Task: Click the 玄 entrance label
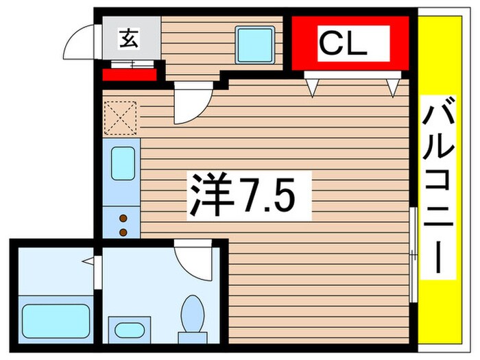tap(130, 39)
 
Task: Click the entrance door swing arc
tap(78, 43)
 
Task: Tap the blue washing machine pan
tap(254, 43)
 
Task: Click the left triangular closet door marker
tap(313, 85)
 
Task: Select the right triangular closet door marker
tap(393, 85)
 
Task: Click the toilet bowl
tap(192, 314)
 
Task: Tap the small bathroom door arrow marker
tap(87, 261)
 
